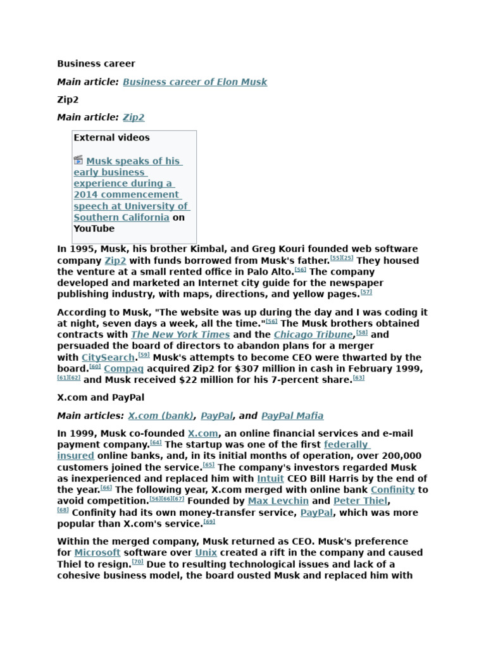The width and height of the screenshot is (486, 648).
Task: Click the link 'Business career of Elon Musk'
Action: tap(195, 82)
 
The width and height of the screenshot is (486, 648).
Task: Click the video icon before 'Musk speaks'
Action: tap(78, 160)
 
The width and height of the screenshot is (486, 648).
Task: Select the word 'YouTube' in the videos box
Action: tap(94, 228)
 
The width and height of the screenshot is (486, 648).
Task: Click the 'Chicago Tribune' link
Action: tap(313, 335)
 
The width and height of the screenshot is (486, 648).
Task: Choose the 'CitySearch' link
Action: tap(109, 358)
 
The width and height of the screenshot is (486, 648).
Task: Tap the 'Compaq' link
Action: tap(124, 369)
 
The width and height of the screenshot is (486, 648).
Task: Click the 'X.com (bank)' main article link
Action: tap(161, 416)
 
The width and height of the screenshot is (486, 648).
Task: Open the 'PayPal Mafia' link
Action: tap(292, 416)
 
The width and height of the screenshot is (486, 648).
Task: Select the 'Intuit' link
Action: tap(270, 478)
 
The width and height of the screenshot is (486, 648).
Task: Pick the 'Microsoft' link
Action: tap(97, 552)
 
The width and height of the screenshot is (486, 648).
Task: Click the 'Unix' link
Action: tap(206, 552)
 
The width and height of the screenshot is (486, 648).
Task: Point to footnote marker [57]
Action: tap(366, 292)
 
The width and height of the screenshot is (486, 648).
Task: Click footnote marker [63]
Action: tap(359, 378)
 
